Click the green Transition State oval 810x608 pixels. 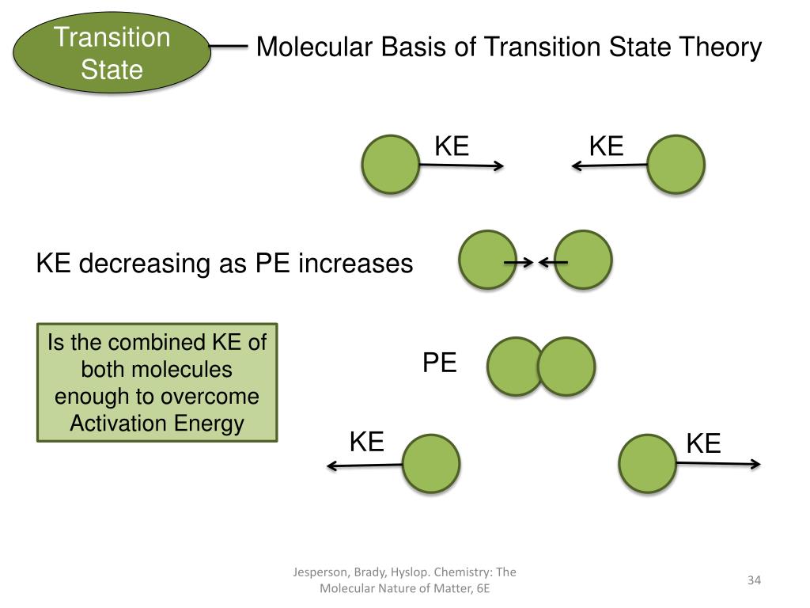pyautogui.click(x=112, y=53)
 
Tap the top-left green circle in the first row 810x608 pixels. pyautogui.click(x=390, y=165)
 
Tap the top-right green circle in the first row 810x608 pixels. pyautogui.click(x=676, y=165)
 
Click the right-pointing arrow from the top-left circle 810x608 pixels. pyautogui.click(x=460, y=165)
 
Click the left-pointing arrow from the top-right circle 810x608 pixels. pyautogui.click(x=610, y=165)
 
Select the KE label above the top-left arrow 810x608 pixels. pyautogui.click(x=452, y=146)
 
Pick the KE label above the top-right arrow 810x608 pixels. pyautogui.click(x=606, y=146)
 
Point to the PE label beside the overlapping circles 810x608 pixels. pyautogui.click(x=439, y=363)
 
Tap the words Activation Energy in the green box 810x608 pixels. pyautogui.click(x=157, y=424)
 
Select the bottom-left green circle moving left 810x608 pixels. pyautogui.click(x=430, y=464)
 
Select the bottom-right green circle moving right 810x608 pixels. pyautogui.click(x=647, y=464)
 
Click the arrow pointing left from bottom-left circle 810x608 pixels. pyautogui.click(x=365, y=466)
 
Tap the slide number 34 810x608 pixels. pyautogui.click(x=753, y=581)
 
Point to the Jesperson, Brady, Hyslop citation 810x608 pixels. pyautogui.click(x=404, y=580)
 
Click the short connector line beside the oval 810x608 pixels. pyautogui.click(x=229, y=47)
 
